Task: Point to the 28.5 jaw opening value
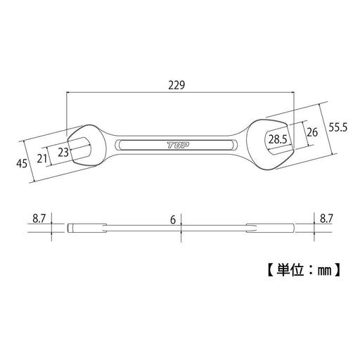click(278, 139)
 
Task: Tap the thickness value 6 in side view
click(174, 219)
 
